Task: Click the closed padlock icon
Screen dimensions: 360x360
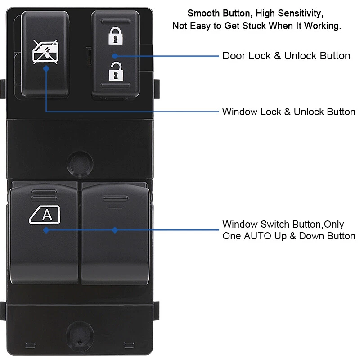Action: pos(115,36)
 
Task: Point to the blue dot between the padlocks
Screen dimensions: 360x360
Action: pos(115,56)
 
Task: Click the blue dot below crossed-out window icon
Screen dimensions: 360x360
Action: pos(46,68)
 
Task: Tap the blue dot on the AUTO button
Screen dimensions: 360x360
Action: pos(46,230)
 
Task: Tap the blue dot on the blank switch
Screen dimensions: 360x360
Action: pos(115,230)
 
